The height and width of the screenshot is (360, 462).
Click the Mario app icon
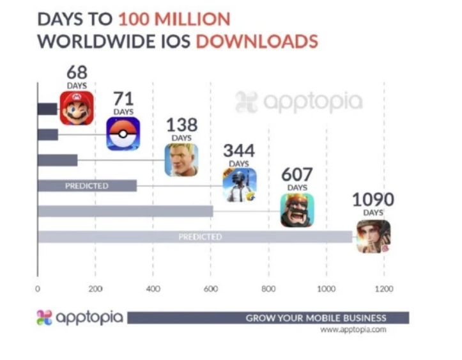pyautogui.click(x=77, y=108)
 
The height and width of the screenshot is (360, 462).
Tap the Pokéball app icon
pyautogui.click(x=123, y=133)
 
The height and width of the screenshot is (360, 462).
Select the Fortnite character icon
pyautogui.click(x=181, y=159)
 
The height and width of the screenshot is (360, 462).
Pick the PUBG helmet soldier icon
pyautogui.click(x=239, y=184)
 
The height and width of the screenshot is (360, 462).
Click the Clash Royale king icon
pyautogui.click(x=297, y=210)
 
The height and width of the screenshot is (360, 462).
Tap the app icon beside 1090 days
pyautogui.click(x=374, y=236)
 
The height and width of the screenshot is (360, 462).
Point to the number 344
pyautogui.click(x=238, y=151)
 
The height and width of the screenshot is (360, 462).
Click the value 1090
pyautogui.click(x=373, y=200)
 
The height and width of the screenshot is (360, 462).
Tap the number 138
pyautogui.click(x=181, y=125)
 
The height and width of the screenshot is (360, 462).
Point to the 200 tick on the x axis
pyautogui.click(x=96, y=289)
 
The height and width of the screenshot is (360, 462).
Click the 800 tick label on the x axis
pyautogui.click(x=268, y=289)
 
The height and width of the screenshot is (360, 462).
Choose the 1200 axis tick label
pyautogui.click(x=384, y=289)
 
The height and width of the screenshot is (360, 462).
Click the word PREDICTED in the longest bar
pyautogui.click(x=200, y=237)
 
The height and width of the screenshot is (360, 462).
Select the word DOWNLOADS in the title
pyautogui.click(x=256, y=42)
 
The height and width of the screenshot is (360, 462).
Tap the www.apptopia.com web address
pyautogui.click(x=353, y=330)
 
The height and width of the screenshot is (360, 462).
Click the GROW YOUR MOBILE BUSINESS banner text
pyautogui.click(x=316, y=318)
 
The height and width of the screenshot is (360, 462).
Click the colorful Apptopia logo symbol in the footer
pyautogui.click(x=43, y=318)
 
